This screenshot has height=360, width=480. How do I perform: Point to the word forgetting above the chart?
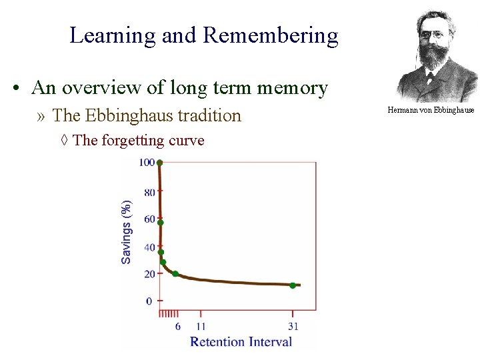pos(133,141)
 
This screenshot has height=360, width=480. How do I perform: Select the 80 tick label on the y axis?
pos(150,193)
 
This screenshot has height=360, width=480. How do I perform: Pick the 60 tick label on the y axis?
pos(150,219)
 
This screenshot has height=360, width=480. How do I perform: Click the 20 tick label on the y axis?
pos(150,274)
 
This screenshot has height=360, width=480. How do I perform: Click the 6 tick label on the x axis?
pos(178,326)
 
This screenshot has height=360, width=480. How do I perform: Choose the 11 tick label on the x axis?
pos(201,326)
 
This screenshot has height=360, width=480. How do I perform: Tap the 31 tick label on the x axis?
pos(293,326)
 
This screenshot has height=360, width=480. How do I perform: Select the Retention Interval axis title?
pos(241,341)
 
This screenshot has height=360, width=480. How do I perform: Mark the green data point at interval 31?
pos(293,285)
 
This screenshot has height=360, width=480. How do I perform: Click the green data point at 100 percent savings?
pos(160,162)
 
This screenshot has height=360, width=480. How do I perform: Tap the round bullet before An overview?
pos(14,89)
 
